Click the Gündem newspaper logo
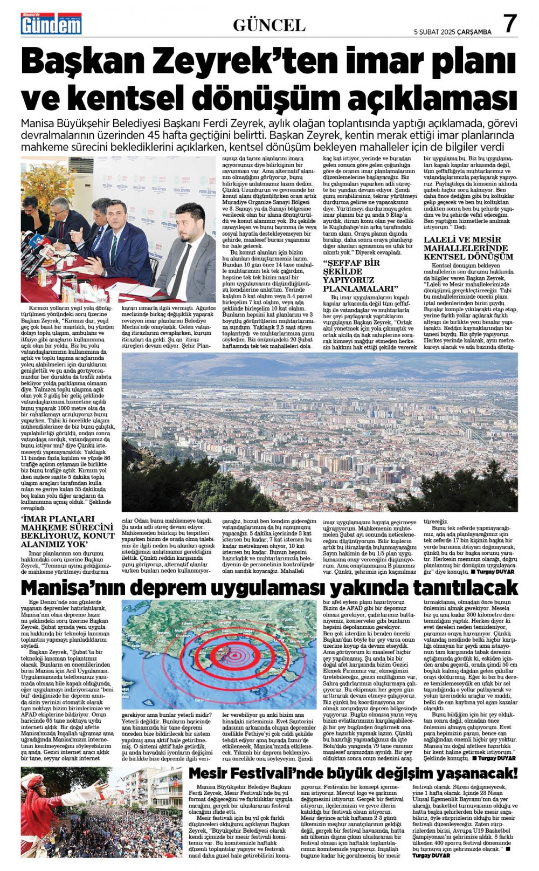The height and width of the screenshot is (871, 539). point(51,24)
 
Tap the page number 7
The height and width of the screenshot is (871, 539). point(510,24)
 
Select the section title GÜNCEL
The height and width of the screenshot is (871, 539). point(269,25)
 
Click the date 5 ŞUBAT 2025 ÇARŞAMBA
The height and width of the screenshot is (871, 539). point(452,32)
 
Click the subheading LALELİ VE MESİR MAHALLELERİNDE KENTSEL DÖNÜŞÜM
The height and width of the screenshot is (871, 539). point(468,249)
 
